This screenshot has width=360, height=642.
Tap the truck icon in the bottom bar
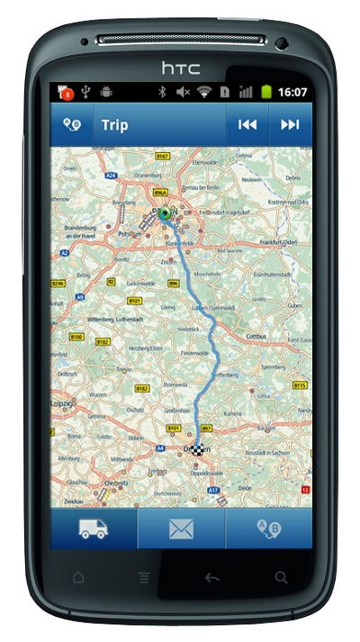[94, 529]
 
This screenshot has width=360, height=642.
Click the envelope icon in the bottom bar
[181, 529]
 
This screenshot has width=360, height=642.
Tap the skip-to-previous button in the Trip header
[247, 124]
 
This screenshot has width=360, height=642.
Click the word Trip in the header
[114, 124]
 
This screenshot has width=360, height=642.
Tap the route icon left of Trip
[72, 124]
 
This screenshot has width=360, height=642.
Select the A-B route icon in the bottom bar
[268, 529]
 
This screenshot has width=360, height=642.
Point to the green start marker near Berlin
[164, 213]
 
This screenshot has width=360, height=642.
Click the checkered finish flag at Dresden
[197, 448]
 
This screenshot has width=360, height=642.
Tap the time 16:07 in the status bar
[292, 92]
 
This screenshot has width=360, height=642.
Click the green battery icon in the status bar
[266, 92]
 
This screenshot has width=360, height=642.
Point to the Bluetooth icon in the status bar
[163, 92]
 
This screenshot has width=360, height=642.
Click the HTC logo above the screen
[180, 67]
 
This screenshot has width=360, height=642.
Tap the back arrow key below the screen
[211, 577]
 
